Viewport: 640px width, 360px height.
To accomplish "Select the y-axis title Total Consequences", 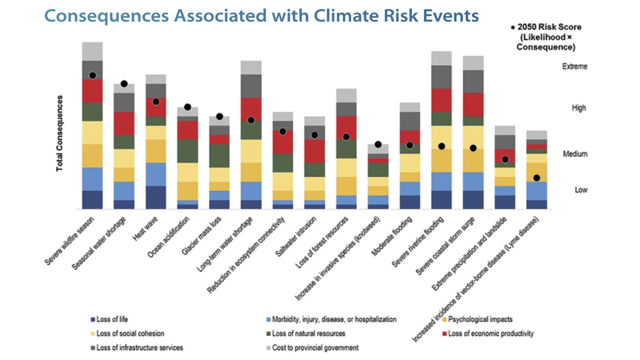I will point(60,133).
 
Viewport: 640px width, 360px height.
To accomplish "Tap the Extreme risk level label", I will point(574,66).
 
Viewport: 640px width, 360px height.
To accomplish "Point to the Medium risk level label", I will point(575,154).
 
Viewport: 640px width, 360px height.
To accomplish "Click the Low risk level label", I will point(581,190).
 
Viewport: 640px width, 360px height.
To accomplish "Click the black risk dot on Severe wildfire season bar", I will point(92,76).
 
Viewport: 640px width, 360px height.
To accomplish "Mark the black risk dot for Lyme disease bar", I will point(536,178).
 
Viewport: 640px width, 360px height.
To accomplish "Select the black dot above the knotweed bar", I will point(378,144).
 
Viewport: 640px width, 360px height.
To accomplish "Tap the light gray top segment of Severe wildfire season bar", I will point(92,51).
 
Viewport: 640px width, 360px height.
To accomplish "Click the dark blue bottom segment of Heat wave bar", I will point(156,197).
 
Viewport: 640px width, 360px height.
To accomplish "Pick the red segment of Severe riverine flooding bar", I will point(441,100).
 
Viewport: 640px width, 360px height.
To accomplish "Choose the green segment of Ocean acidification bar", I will point(188,151).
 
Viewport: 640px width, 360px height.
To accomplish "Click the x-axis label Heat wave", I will point(145,229).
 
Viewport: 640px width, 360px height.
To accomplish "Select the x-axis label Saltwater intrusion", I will point(296,237).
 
